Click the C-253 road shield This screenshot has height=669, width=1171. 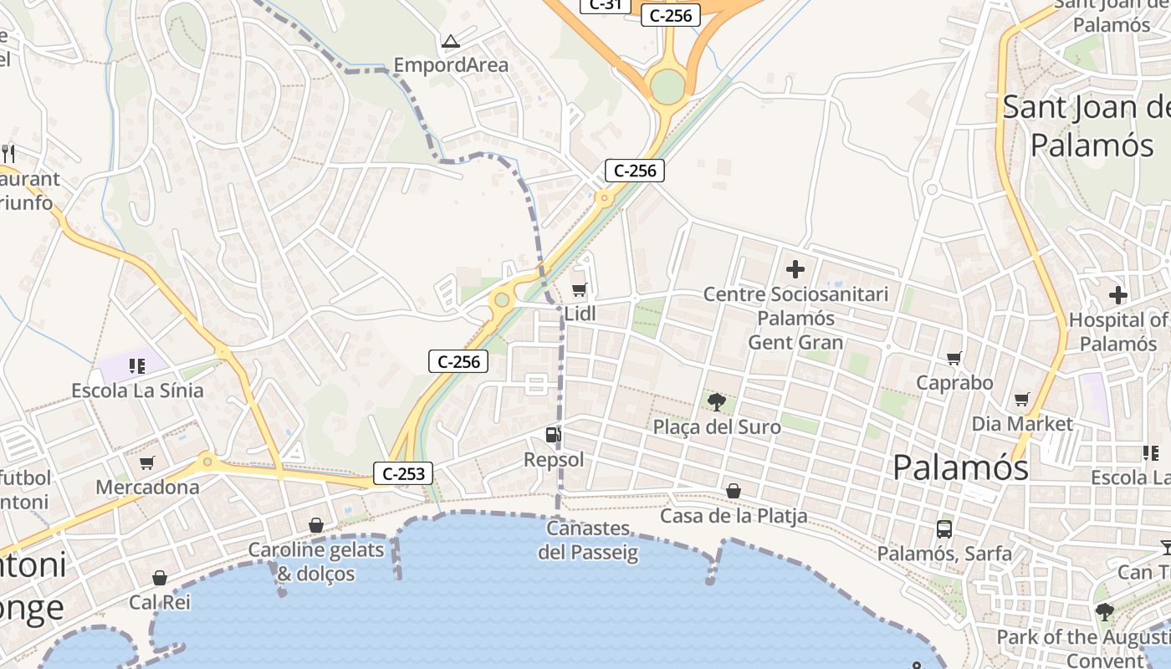point(403,473)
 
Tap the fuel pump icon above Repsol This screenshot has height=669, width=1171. point(553,435)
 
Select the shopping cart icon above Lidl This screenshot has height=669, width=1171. point(579,290)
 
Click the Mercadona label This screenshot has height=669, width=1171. point(147,488)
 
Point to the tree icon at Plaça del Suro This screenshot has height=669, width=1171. point(716,402)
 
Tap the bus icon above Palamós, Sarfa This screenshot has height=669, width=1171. point(944,529)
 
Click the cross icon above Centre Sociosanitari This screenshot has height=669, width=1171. point(795,269)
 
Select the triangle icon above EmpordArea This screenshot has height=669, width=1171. point(451,41)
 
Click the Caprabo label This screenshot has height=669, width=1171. point(954,383)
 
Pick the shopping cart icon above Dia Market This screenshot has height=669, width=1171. point(1021,400)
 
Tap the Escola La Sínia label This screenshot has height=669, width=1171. point(137,391)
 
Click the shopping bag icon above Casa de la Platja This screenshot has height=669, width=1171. point(734,491)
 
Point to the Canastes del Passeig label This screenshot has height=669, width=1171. point(588,540)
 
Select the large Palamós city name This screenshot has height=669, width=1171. point(960,467)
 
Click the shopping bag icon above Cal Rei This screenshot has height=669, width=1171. point(160,578)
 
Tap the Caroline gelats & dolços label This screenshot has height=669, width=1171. point(316,562)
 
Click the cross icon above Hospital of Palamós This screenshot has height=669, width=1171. point(1118,295)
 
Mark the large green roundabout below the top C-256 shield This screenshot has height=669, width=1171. point(667,86)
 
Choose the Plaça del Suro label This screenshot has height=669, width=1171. point(717,427)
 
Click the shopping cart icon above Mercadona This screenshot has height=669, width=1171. point(147,462)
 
